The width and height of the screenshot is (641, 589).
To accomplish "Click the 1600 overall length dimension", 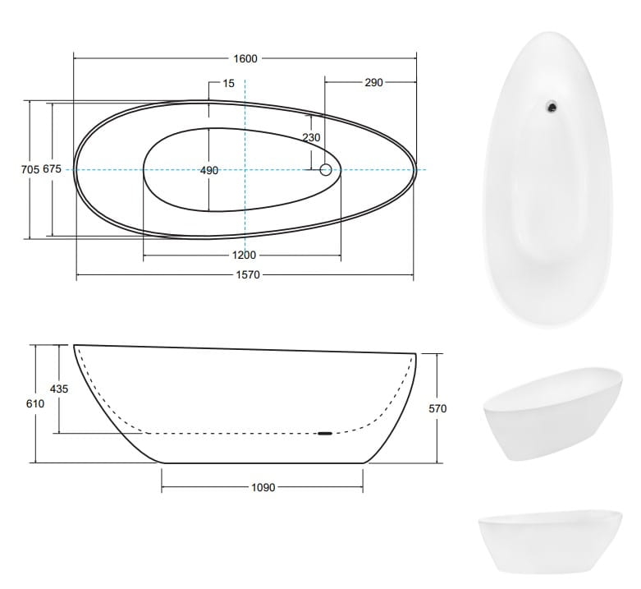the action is tap(245, 58).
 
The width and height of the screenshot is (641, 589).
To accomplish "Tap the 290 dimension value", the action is tap(373, 83).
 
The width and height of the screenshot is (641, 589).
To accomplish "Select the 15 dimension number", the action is tap(228, 84).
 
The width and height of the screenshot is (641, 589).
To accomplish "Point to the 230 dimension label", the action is tap(312, 137).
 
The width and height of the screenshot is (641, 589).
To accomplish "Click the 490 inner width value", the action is tap(209, 170).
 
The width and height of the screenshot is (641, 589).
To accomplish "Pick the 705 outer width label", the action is tap(30, 169).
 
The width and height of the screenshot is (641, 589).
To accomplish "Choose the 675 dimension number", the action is tap(52, 168).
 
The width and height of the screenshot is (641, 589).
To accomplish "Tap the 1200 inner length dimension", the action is tap(244, 255).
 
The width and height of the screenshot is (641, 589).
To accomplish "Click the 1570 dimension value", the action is tap(248, 275).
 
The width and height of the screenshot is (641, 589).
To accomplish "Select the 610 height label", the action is tap(35, 403).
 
